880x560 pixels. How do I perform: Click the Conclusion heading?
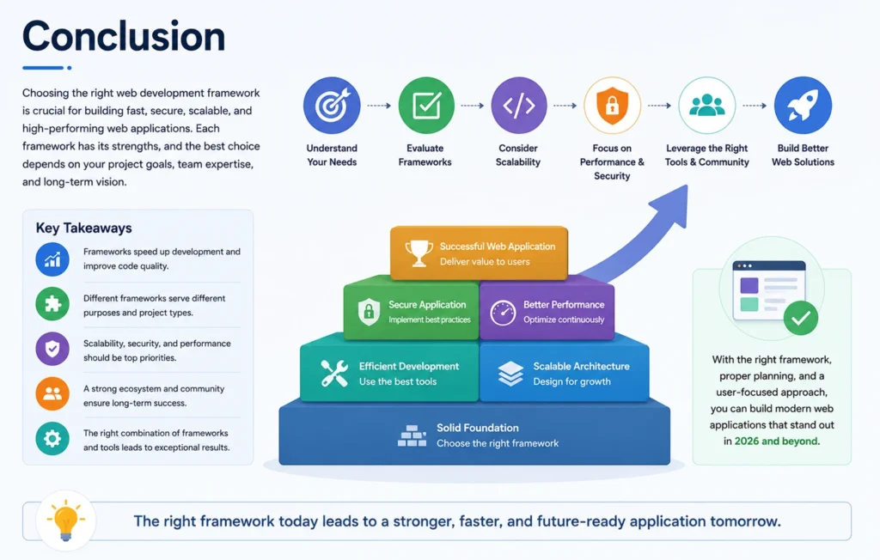124,36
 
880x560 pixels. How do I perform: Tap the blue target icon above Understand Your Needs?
332,106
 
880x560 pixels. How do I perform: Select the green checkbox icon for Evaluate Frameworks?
426,106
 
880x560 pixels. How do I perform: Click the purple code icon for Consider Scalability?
518,106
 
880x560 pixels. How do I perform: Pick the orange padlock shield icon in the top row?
612,106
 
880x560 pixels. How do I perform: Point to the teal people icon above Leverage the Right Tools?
706,106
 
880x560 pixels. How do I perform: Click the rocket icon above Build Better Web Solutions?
803,106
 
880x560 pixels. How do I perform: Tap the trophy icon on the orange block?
419,253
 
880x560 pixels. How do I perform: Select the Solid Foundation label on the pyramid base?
478,428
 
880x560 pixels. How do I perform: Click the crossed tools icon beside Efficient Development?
334,373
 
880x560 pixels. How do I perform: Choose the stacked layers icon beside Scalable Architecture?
510,374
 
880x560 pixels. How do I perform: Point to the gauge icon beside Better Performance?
503,313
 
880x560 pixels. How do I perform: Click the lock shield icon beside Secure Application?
369,312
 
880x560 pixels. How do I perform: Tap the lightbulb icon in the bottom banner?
65,520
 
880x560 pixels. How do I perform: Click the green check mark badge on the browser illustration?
801,318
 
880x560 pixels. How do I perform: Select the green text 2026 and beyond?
776,441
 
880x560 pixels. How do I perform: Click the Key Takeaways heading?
83,228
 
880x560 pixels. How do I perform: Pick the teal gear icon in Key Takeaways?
52,438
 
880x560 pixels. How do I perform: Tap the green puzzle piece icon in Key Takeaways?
52,303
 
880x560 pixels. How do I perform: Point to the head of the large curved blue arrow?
674,204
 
